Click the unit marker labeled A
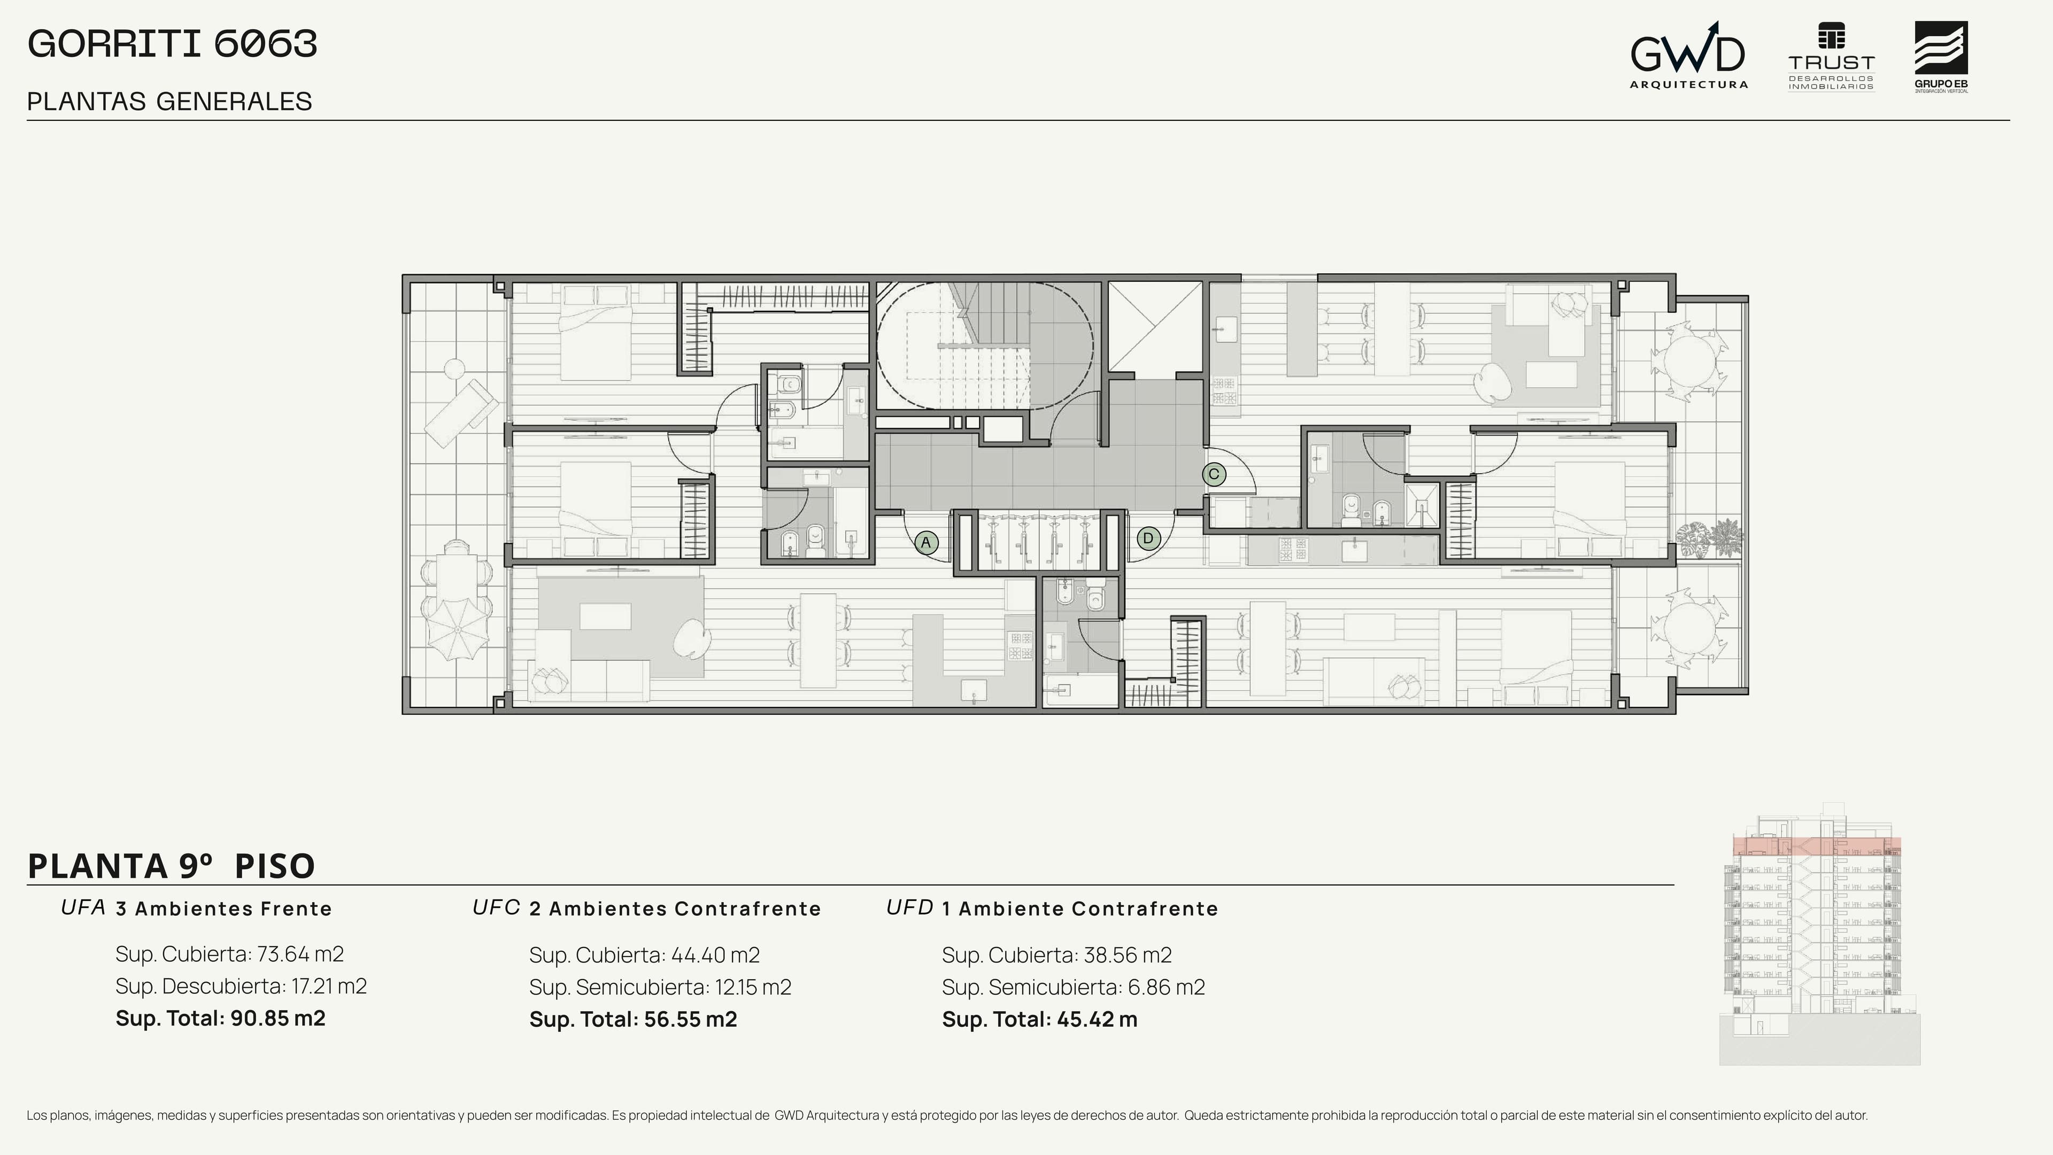925,543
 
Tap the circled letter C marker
1214,474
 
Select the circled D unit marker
1148,538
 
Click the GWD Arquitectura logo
1688,55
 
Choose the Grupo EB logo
1941,57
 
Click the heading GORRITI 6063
172,44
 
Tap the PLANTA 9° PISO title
171,866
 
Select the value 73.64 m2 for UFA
300,954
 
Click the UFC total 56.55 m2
683,1020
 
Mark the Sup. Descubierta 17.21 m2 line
241,987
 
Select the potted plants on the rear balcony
1710,539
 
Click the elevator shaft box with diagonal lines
1155,326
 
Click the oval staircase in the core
985,346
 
